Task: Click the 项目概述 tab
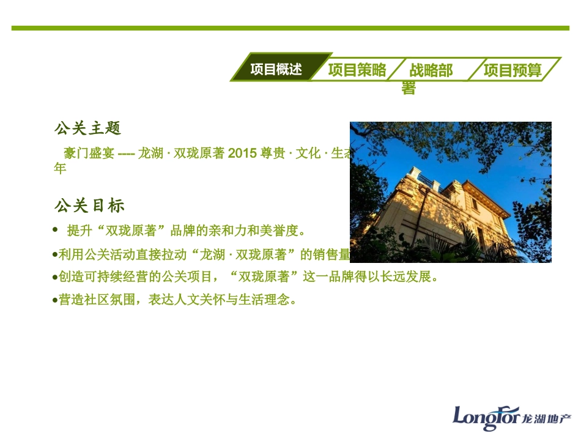point(276,69)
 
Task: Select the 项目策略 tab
point(357,70)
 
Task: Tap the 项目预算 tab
point(513,70)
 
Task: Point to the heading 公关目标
point(89,205)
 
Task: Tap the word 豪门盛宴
point(89,154)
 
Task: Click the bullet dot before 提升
point(55,230)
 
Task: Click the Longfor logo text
point(486,416)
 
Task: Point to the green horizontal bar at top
point(290,28)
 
